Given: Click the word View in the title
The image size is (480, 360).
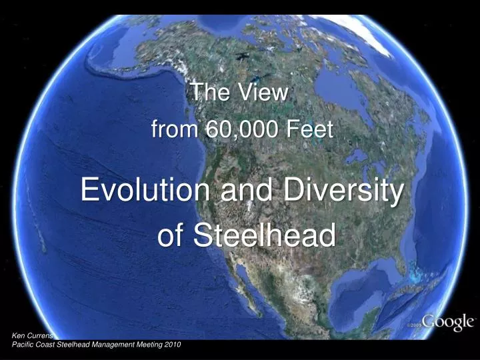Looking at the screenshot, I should [265, 93].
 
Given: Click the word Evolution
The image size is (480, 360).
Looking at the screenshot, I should [145, 191].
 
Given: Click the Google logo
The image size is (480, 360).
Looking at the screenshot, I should [447, 323].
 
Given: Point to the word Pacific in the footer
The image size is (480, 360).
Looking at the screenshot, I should [25, 344].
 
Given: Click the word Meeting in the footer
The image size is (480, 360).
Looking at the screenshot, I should [149, 344].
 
